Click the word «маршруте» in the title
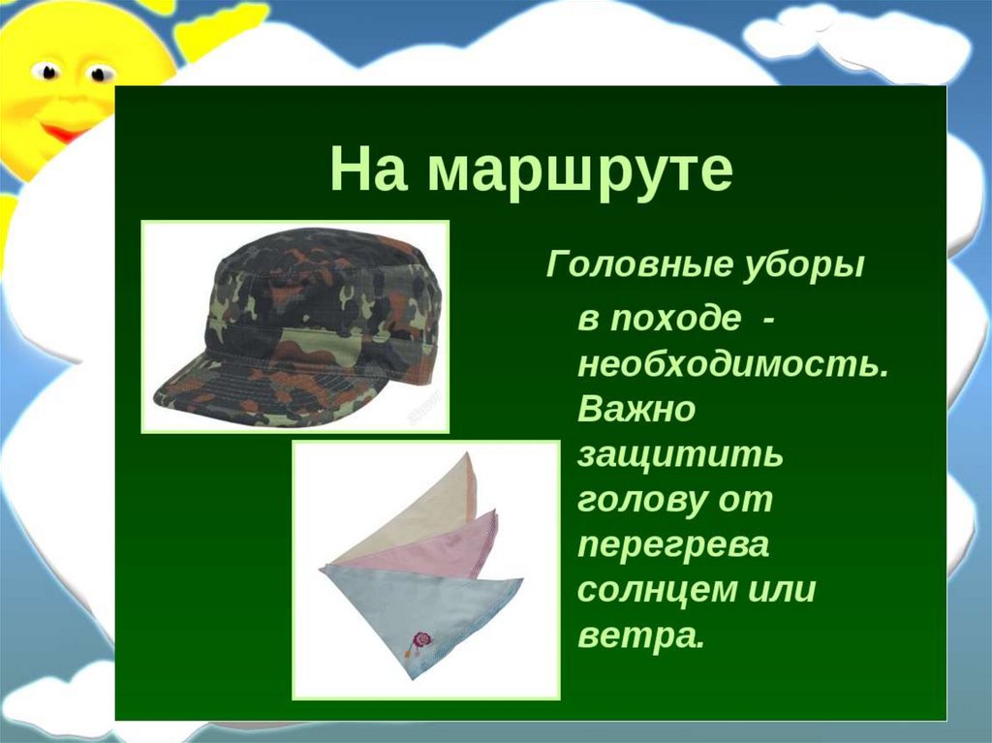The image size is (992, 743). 580,171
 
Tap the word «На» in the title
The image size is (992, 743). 367,169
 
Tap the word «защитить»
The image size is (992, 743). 679,455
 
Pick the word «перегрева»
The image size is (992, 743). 673,546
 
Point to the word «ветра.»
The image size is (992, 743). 640,635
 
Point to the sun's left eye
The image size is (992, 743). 46,71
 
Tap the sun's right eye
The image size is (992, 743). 99,74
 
